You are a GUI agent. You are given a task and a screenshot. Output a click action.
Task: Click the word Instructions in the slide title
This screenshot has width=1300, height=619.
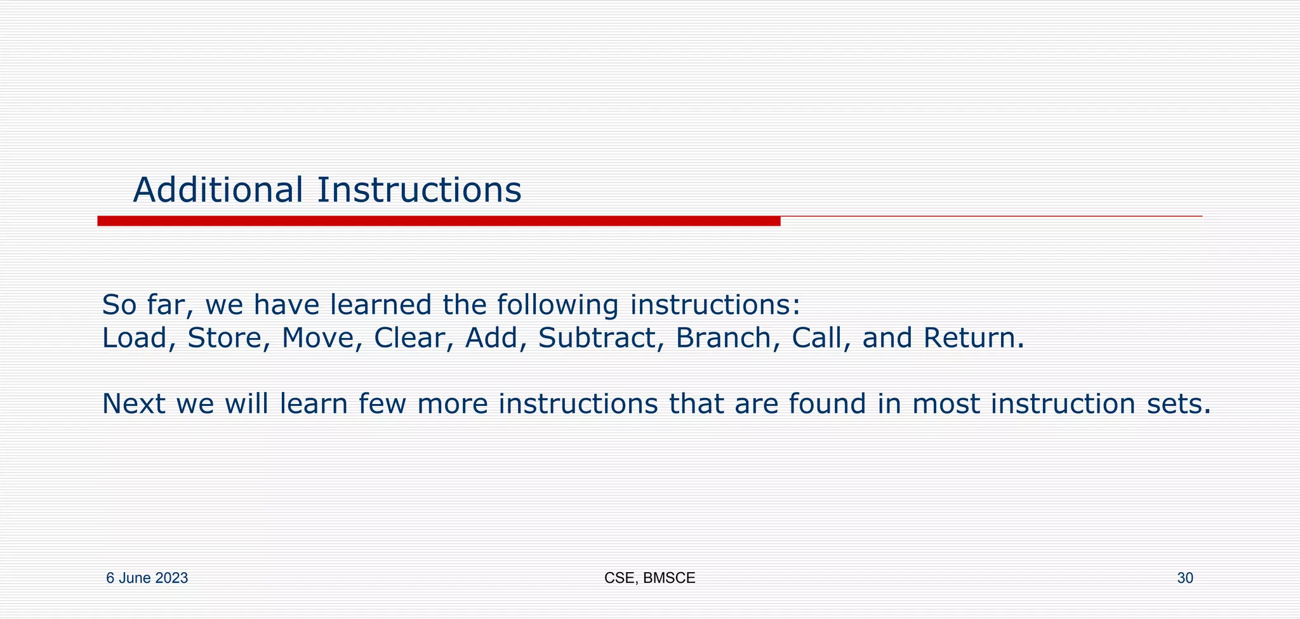pyautogui.click(x=419, y=190)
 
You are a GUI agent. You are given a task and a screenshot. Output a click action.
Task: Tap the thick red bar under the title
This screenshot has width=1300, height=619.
pyautogui.click(x=438, y=221)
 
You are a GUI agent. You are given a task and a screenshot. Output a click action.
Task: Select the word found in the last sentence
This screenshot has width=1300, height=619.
pyautogui.click(x=827, y=404)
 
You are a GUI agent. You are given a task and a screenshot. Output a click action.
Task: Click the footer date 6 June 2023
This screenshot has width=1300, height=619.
pyautogui.click(x=147, y=578)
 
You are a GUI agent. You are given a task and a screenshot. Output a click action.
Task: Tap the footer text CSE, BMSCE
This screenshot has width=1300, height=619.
pyautogui.click(x=649, y=578)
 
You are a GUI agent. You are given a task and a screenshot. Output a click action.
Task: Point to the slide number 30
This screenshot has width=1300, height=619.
pyautogui.click(x=1184, y=578)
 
